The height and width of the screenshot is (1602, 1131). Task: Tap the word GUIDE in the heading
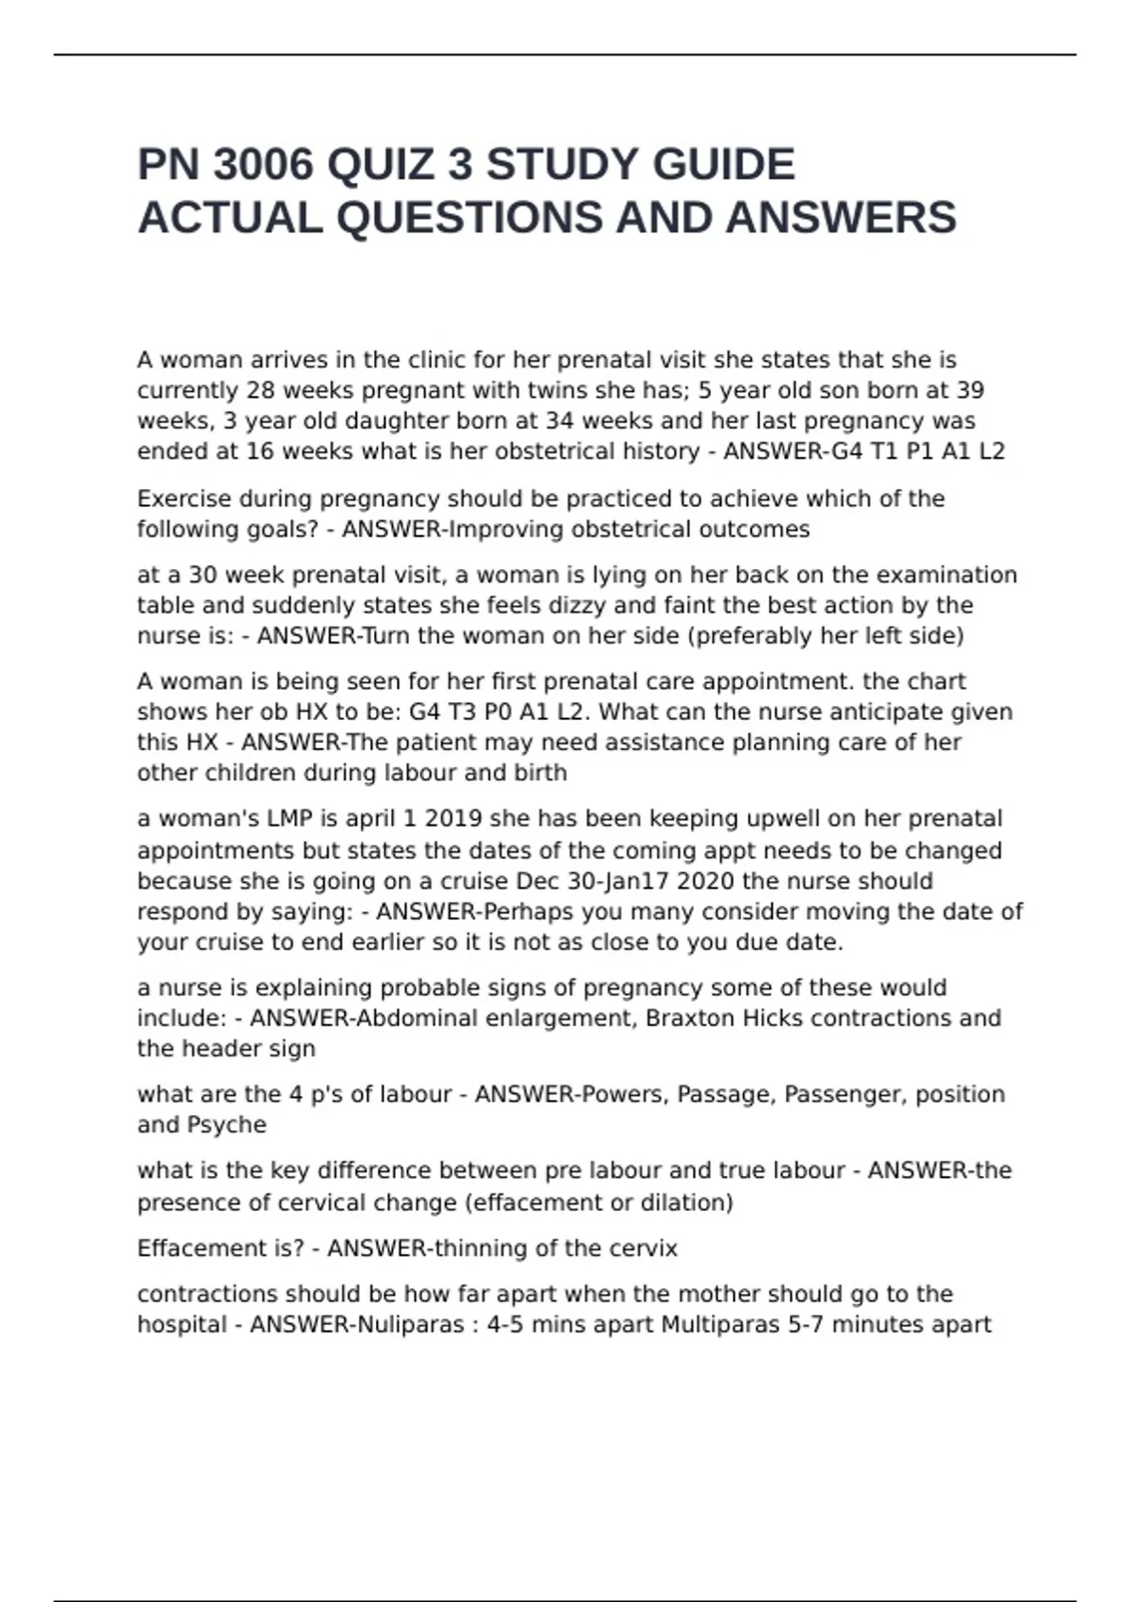coord(723,165)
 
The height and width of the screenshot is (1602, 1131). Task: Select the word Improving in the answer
coord(501,530)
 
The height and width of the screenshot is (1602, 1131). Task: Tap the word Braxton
coord(690,1019)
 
